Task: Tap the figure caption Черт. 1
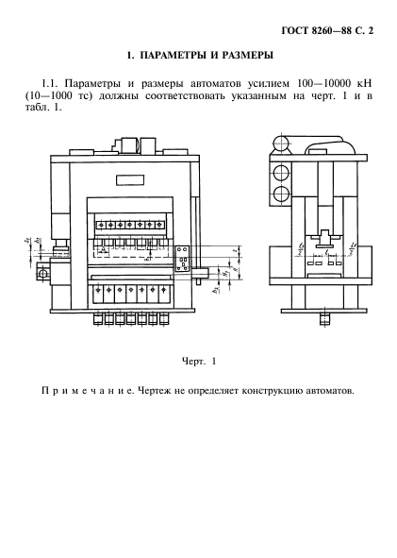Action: (x=198, y=360)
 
